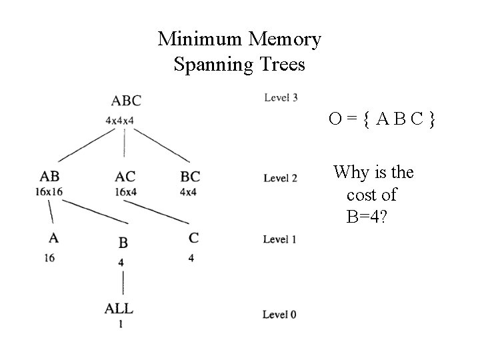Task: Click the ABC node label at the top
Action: (x=126, y=101)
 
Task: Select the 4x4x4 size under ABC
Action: (x=121, y=120)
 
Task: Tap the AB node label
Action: (x=49, y=177)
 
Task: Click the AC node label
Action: (x=125, y=177)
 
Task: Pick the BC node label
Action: (x=190, y=177)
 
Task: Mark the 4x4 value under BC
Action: (x=189, y=192)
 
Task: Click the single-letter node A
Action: (x=52, y=237)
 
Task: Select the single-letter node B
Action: (x=123, y=243)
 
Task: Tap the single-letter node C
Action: (x=193, y=238)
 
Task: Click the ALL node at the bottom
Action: (x=119, y=309)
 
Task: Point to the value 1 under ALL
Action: (x=121, y=325)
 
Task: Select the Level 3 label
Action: (x=281, y=98)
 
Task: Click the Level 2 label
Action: (x=280, y=178)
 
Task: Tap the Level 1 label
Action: (x=279, y=239)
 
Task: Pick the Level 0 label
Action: (x=279, y=314)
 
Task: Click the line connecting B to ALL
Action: (x=122, y=283)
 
